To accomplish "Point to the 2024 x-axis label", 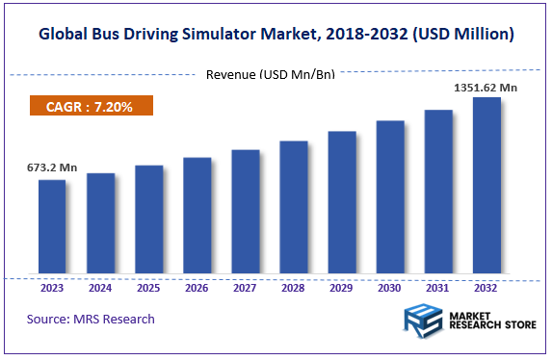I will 100,286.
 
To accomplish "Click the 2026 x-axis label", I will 197,286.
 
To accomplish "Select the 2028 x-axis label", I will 294,286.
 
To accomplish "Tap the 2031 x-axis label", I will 438,286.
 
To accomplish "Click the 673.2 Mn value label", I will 51,167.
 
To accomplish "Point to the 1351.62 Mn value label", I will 486,87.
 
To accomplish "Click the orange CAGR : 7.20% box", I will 90,106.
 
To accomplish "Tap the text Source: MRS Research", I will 91,319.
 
